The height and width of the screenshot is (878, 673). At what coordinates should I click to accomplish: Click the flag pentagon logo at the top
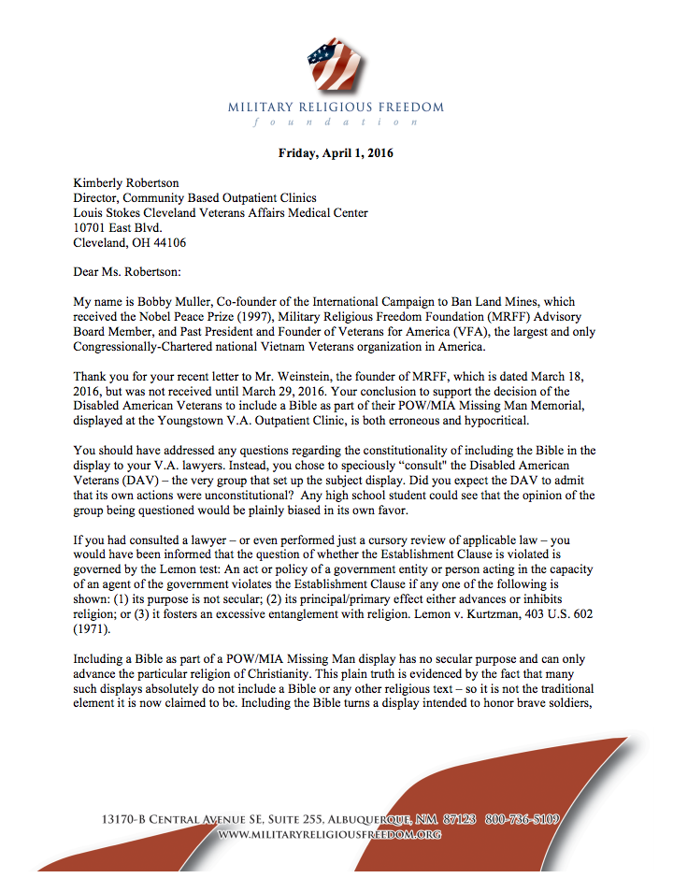tap(336, 64)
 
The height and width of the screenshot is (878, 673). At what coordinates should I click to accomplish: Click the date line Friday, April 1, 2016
tap(336, 153)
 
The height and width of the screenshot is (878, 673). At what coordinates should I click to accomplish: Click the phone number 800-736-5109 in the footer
tap(523, 820)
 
